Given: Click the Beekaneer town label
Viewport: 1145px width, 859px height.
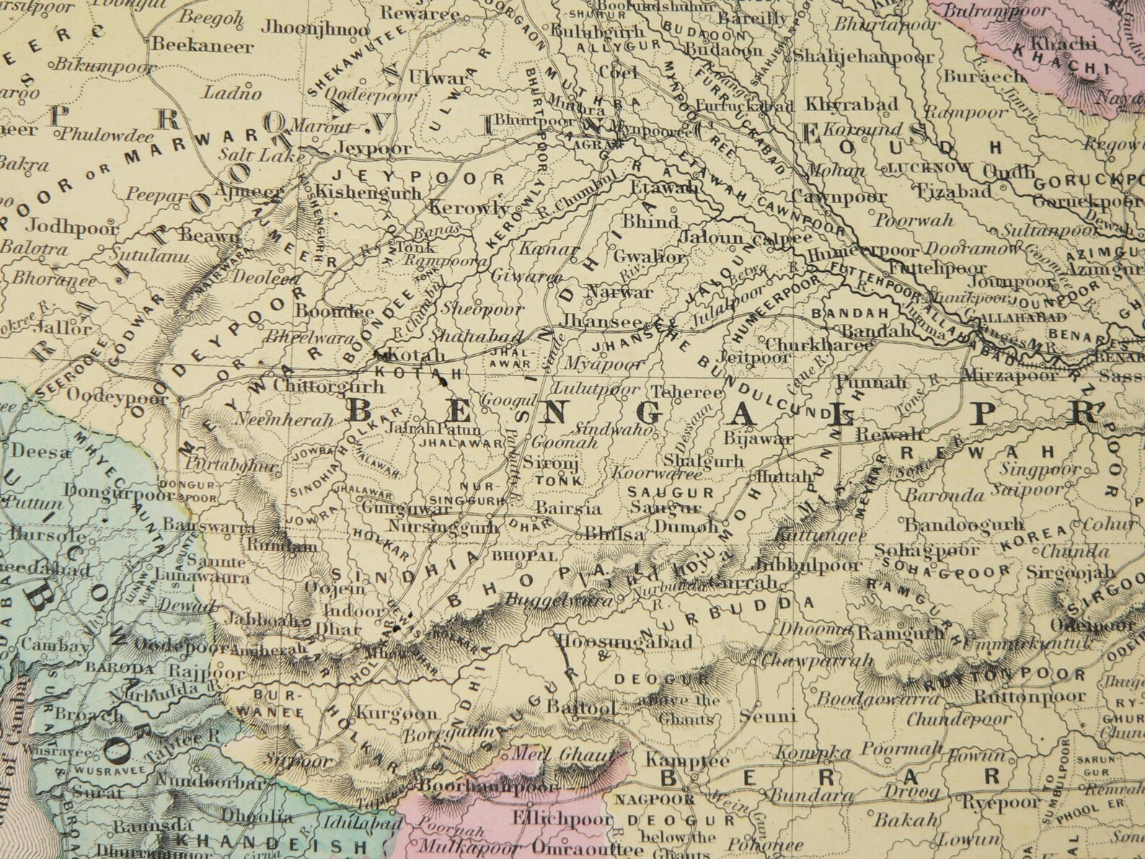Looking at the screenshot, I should click(x=202, y=48).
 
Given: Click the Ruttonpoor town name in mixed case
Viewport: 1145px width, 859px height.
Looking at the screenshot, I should click(x=1029, y=697).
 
